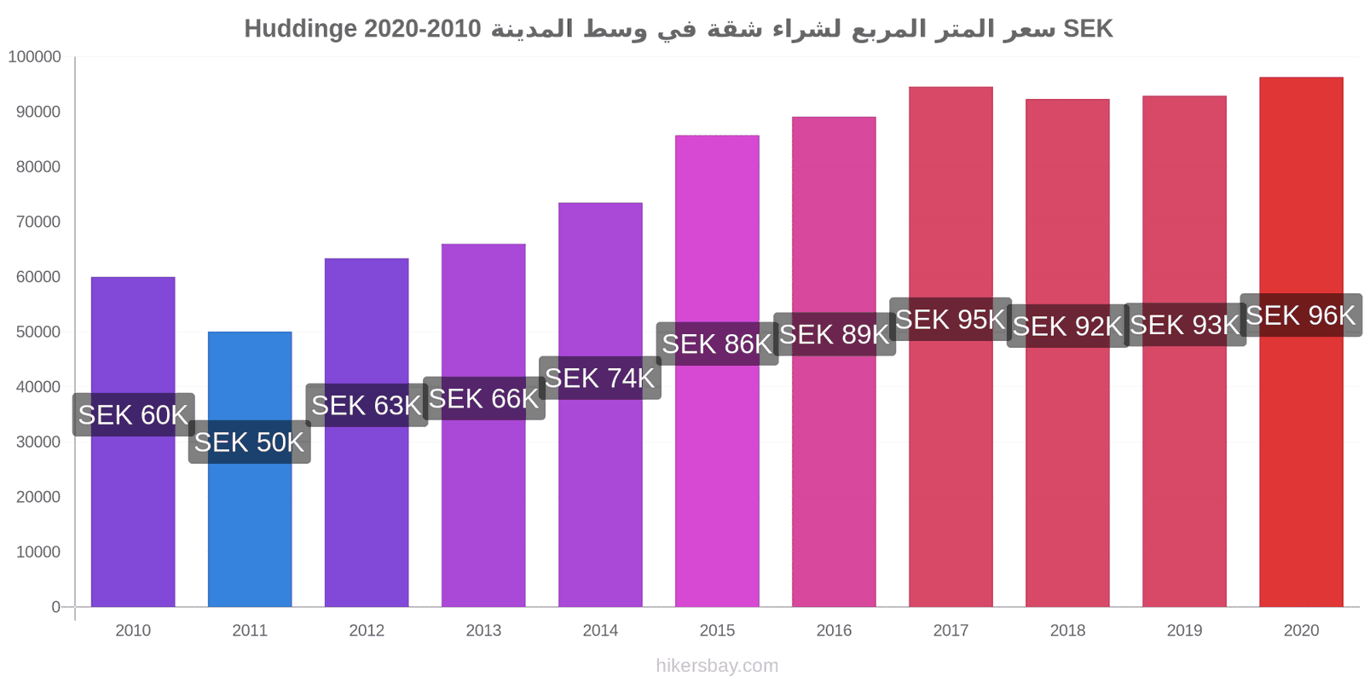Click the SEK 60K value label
point(133,414)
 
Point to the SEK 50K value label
point(250,442)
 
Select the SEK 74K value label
point(600,379)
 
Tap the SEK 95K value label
point(951,319)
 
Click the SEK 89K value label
point(835,334)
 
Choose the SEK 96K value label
point(1301,315)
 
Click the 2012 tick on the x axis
point(367,630)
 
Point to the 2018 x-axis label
point(1067,630)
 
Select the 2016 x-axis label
point(835,630)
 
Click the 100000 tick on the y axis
point(35,56)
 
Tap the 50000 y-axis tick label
point(38,332)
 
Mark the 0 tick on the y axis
point(56,606)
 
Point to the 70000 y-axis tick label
point(38,222)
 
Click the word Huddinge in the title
point(301,29)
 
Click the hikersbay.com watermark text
point(717,666)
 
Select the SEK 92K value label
point(1067,326)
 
